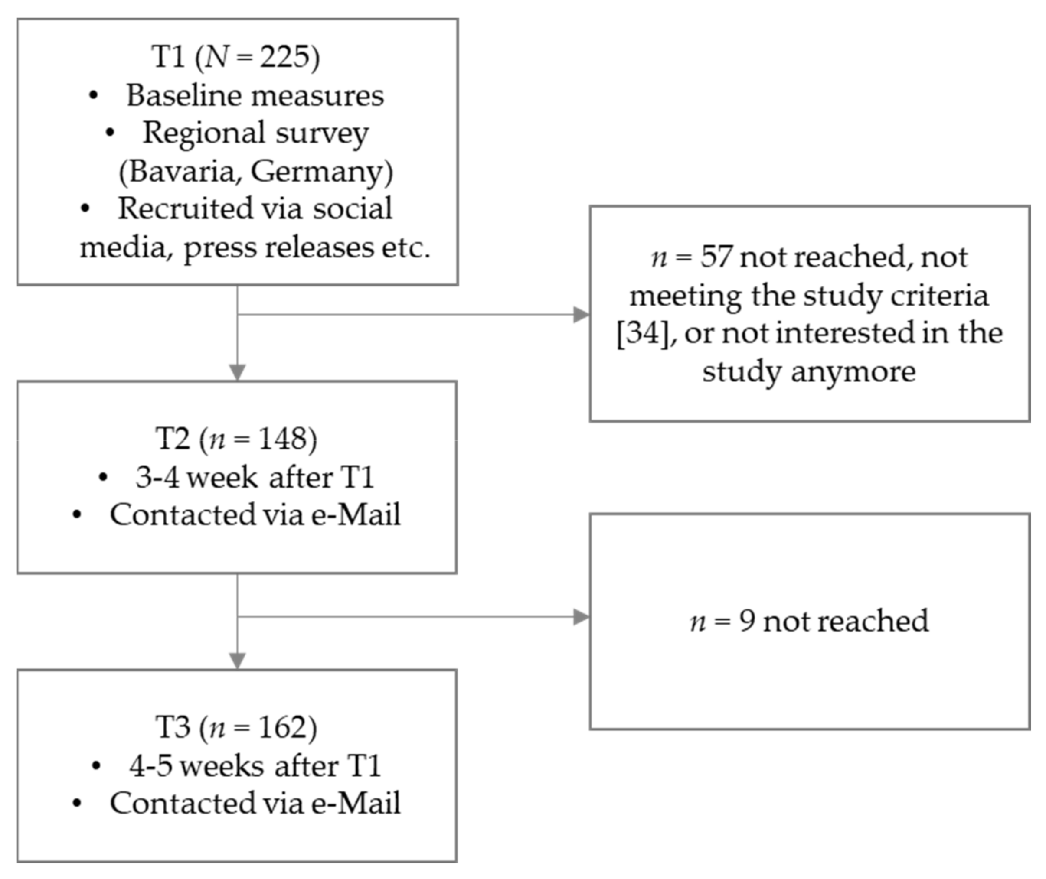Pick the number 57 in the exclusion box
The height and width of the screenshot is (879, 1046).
tap(716, 257)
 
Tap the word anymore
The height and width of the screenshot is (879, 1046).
tap(853, 371)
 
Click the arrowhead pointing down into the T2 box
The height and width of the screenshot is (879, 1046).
tap(237, 372)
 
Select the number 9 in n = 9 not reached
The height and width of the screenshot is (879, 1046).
tap(747, 621)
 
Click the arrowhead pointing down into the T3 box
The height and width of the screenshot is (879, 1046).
tap(237, 661)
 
